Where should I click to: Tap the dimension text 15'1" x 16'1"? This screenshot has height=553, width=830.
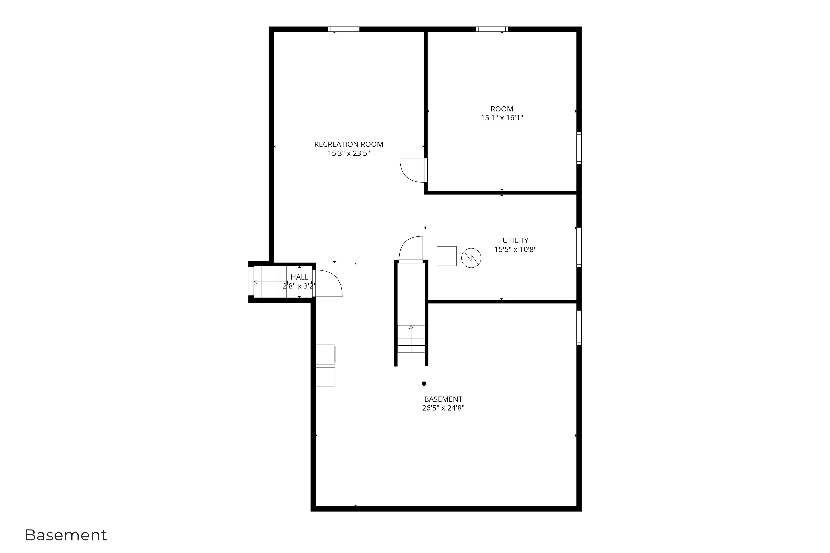pyautogui.click(x=501, y=118)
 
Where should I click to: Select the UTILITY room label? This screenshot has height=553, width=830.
pyautogui.click(x=515, y=240)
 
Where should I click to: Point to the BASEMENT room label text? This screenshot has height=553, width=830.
pyautogui.click(x=443, y=399)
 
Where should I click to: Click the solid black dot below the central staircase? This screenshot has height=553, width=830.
pyautogui.click(x=424, y=384)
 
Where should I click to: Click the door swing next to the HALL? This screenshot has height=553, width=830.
pyautogui.click(x=328, y=283)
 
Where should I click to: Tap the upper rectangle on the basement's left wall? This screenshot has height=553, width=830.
pyautogui.click(x=325, y=354)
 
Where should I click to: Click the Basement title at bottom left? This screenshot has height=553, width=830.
pyautogui.click(x=66, y=535)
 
